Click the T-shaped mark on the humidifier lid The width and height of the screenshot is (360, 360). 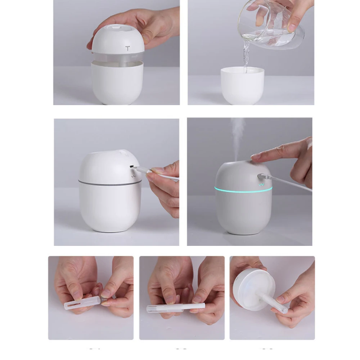pos(128,48)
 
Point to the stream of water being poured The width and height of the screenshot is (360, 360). pos(246,56)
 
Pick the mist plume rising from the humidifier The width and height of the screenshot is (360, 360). pos(238,137)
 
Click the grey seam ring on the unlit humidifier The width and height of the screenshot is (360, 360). pos(108,184)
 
